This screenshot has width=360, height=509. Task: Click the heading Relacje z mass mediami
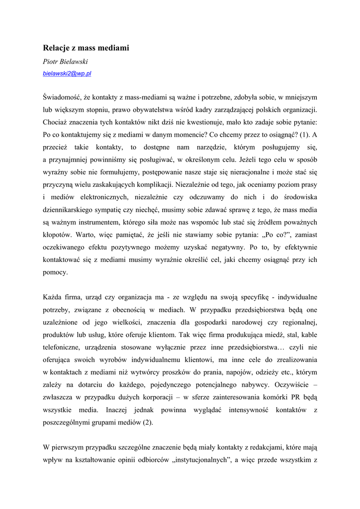pos(86,48)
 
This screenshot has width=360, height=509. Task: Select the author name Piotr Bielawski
pos(65,62)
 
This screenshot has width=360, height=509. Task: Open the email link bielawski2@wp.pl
pos(67,73)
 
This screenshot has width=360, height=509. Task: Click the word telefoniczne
pos(62,347)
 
